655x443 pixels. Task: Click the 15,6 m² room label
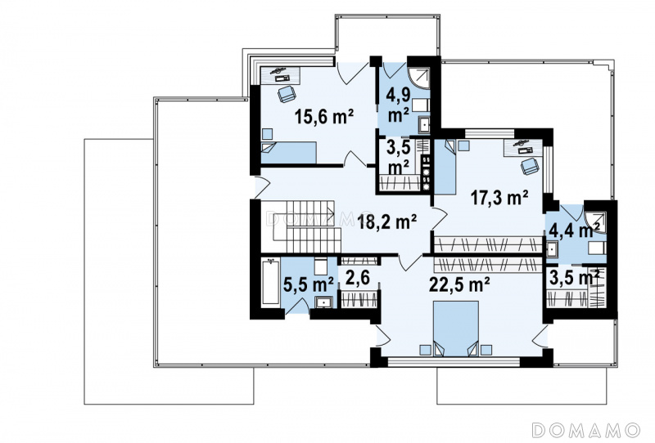[x=324, y=116]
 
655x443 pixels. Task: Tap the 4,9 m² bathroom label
[x=398, y=105]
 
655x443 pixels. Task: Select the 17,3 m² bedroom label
[x=499, y=197]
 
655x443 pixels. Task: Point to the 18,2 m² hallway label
[x=386, y=221]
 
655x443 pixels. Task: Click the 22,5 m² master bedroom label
[x=459, y=285]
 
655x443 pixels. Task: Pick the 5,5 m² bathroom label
[x=309, y=284]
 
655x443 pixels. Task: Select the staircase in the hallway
[x=305, y=226]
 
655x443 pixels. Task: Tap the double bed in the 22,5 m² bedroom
[x=456, y=329]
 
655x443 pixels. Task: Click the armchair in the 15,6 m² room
[x=287, y=94]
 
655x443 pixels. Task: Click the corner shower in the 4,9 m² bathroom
[x=418, y=78]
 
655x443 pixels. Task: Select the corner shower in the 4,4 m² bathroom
[x=595, y=223]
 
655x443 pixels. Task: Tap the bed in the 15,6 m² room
[x=289, y=152]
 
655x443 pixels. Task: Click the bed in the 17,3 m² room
[x=445, y=167]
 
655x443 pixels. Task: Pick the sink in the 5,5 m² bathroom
[x=323, y=302]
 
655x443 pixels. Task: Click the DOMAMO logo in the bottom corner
[x=586, y=429]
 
